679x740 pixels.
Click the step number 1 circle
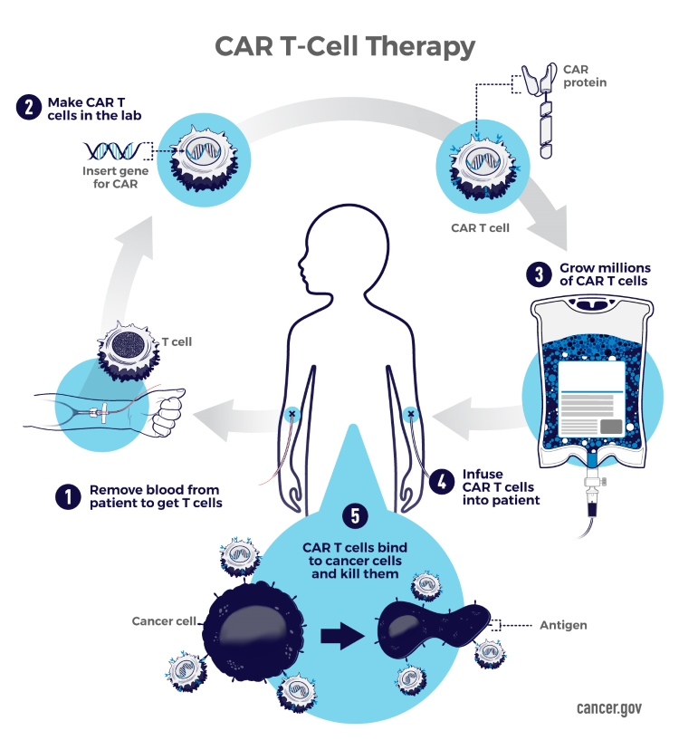point(68,496)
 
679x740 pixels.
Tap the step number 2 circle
point(29,108)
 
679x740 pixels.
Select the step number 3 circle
point(539,274)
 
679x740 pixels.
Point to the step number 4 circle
point(442,482)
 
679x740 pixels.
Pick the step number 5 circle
point(355,515)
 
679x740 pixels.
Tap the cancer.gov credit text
point(609,708)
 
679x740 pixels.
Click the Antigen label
point(563,625)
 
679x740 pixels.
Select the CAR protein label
point(585,76)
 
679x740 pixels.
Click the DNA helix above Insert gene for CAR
point(113,150)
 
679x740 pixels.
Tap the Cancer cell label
point(164,621)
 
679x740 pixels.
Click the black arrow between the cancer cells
point(342,636)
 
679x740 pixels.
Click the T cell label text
point(177,341)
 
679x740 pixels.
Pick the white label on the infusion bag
point(592,399)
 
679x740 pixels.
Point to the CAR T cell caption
point(480,228)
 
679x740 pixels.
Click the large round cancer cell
point(254,633)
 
